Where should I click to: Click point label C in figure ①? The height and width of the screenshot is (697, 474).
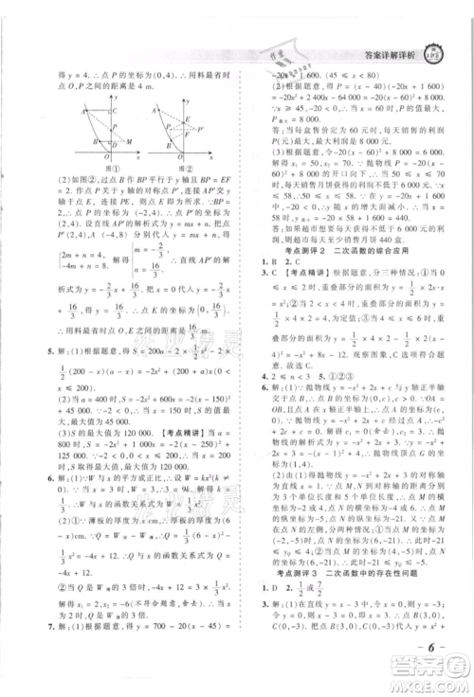(x=116, y=113)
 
